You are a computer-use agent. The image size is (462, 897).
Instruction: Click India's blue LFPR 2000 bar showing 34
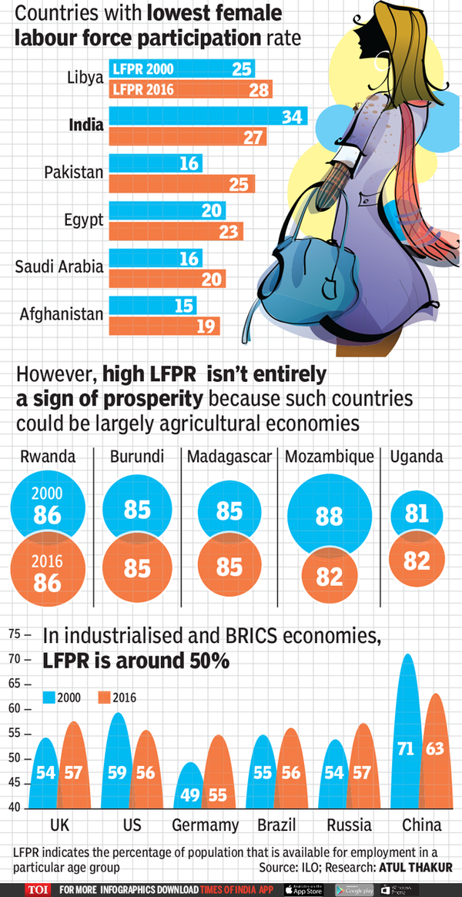pyautogui.click(x=208, y=117)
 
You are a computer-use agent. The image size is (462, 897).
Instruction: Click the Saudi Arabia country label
pyautogui.click(x=59, y=267)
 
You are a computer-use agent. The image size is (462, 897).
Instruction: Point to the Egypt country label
pyautogui.click(x=84, y=220)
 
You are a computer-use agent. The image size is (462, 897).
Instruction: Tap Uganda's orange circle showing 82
pyautogui.click(x=417, y=561)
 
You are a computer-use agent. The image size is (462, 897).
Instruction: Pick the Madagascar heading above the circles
pyautogui.click(x=229, y=457)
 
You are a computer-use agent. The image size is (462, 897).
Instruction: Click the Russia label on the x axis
pyautogui.click(x=349, y=825)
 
